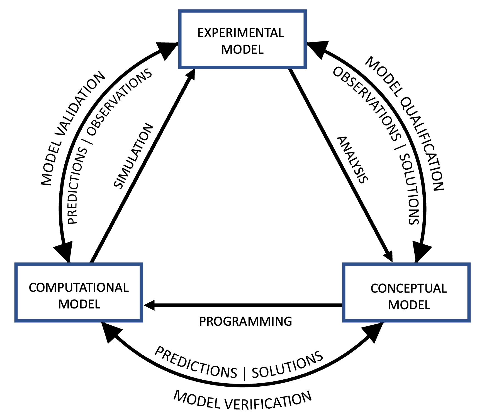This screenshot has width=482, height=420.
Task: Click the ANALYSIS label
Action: (x=353, y=160)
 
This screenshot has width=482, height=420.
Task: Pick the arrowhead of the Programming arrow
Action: (x=149, y=305)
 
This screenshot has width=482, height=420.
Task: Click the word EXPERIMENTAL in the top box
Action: (x=241, y=33)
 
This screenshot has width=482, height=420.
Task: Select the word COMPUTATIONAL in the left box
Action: (x=79, y=288)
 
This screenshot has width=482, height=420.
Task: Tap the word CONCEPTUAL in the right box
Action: (x=409, y=288)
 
